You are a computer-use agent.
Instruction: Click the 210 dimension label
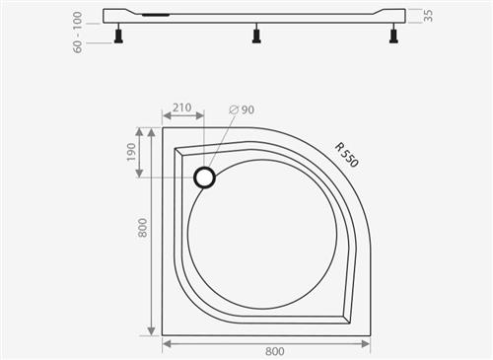[182, 108]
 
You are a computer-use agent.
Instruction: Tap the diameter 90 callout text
[242, 109]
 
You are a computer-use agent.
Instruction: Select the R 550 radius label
[346, 155]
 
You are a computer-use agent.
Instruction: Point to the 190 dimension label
[131, 152]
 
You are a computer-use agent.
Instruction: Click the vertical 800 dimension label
[142, 228]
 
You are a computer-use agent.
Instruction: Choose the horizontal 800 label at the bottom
[275, 351]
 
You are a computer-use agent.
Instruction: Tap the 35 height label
[428, 16]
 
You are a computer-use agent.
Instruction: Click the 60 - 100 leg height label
[77, 33]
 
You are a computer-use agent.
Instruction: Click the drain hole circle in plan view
[204, 178]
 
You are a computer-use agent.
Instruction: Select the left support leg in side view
[118, 36]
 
